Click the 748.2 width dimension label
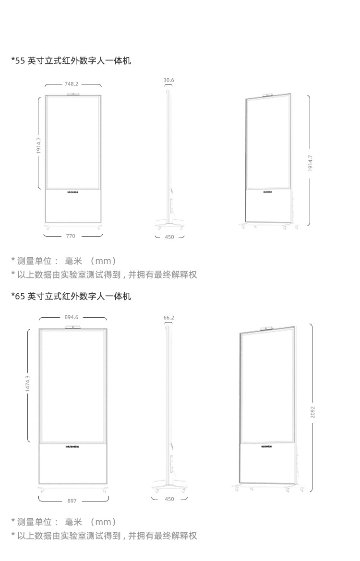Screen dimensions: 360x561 point(72,84)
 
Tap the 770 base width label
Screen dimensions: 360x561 point(71,236)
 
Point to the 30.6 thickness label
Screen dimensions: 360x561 point(168,80)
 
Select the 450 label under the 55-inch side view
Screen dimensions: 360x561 point(169,237)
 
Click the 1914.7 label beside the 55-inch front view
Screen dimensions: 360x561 point(39,146)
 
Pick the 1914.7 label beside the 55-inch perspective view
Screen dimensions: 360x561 point(310,163)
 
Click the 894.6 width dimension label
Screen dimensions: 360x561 point(71,317)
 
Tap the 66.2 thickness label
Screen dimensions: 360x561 point(168,318)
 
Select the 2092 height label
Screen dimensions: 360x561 point(312,412)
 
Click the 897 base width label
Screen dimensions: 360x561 point(72,501)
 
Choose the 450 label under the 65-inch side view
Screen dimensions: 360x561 point(169,499)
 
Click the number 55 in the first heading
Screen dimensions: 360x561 point(20,60)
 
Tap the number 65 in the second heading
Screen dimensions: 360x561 point(20,296)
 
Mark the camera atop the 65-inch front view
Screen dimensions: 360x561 point(73,327)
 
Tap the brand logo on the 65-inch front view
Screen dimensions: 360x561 point(73,446)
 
